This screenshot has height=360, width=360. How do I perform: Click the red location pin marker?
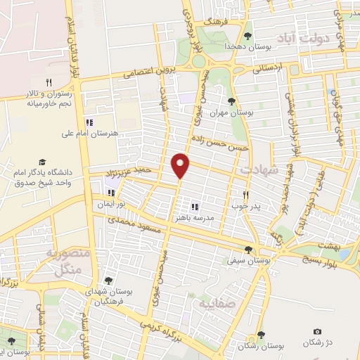pos(181,166)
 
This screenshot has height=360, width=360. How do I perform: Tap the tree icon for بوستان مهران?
pos(231,101)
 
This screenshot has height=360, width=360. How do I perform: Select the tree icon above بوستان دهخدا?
pos(247,36)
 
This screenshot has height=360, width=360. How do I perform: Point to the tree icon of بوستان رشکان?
pos(261,335)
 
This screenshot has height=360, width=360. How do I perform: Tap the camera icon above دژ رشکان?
pos(318,332)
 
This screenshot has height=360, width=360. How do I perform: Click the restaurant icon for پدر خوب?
pos(245,195)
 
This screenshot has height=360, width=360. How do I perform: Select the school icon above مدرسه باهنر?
pos(195,207)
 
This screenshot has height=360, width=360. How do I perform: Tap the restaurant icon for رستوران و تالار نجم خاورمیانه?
pos(49,82)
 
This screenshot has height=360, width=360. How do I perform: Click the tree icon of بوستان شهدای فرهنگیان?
pos(108,280)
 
